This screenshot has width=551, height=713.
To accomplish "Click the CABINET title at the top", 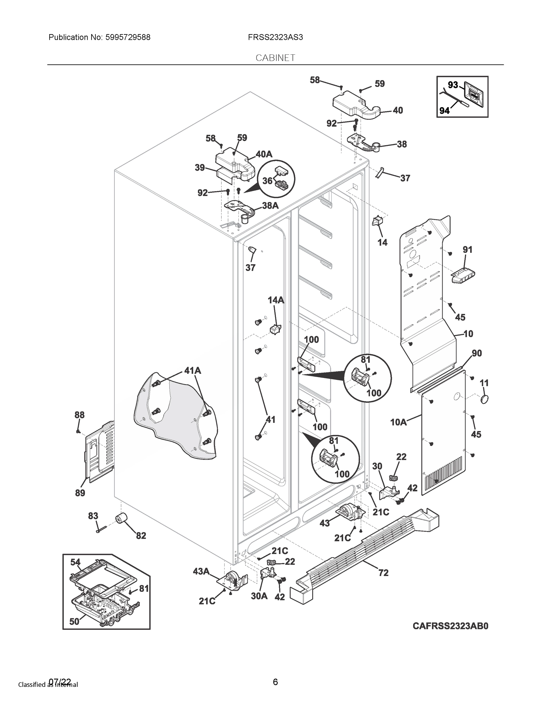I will coord(275,58).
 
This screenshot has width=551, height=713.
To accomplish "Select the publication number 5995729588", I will coord(128,37).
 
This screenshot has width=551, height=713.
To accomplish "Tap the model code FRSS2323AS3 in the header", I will coord(275,37).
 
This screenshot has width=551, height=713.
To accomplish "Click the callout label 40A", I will coord(264,154).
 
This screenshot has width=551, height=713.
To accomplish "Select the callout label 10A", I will coord(399,422).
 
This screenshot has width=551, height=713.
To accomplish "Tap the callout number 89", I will coord(80,493).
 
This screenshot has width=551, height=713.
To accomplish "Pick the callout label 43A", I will coord(201,571).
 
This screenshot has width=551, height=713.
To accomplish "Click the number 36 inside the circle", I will coord(267,181).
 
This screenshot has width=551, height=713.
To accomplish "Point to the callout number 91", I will coord(468,250).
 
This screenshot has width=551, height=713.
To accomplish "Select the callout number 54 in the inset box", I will coord(75,562).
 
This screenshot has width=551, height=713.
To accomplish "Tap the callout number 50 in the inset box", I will coord(75,621).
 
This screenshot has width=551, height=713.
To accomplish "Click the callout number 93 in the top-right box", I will coord(453,85).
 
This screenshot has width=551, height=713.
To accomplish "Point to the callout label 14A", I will coord(276,300).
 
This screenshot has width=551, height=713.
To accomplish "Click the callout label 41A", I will coord(192,370).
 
